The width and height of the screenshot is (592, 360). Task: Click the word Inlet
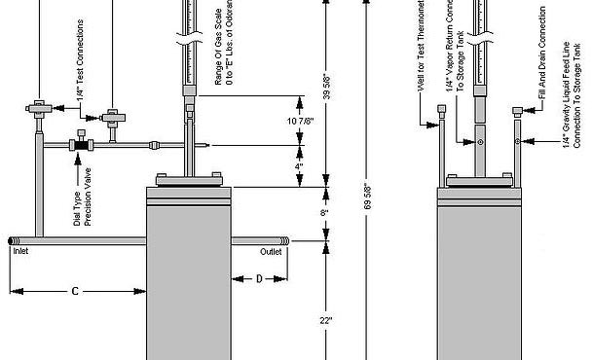(x=21, y=250)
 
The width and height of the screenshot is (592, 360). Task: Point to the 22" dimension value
(x=324, y=320)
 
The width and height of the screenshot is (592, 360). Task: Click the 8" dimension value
(x=324, y=211)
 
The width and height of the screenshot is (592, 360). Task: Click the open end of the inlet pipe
(x=10, y=239)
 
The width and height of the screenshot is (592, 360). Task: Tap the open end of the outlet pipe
(x=285, y=239)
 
